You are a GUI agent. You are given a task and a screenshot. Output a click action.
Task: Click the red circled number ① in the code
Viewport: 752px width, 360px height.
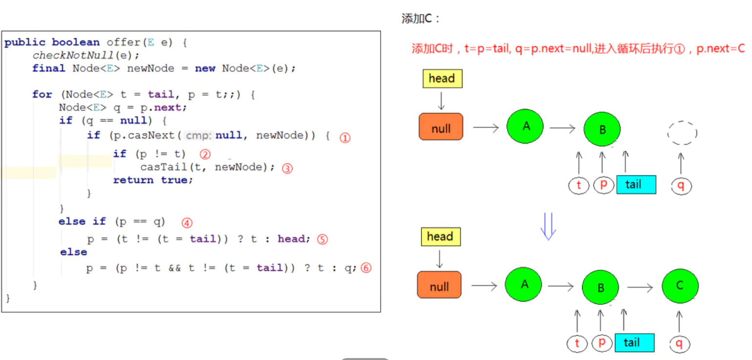click(x=345, y=138)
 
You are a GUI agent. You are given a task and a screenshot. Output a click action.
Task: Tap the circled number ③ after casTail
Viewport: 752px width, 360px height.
click(x=287, y=168)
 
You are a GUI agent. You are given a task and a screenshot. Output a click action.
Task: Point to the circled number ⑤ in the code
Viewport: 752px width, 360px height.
click(x=322, y=240)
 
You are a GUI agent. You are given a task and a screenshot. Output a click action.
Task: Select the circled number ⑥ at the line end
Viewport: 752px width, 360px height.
click(x=366, y=268)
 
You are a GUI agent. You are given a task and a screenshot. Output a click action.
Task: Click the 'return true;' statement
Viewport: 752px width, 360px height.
click(x=153, y=180)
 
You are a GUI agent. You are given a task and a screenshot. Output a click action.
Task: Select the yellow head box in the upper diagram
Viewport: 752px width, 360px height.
click(x=442, y=79)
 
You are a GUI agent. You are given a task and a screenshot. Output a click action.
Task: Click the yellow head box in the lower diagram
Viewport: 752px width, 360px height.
click(x=440, y=237)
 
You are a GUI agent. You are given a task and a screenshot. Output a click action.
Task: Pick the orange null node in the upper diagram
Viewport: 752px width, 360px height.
click(x=441, y=128)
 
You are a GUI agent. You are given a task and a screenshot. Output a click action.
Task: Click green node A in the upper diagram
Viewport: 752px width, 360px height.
click(x=526, y=126)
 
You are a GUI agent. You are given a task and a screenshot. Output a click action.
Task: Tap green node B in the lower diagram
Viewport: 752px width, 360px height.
click(x=600, y=287)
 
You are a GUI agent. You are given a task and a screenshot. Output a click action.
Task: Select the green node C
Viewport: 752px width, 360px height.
click(x=680, y=286)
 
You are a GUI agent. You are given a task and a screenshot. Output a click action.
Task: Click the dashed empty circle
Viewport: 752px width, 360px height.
click(x=682, y=132)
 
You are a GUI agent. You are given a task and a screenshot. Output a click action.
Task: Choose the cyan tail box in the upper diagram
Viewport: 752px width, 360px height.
click(x=636, y=185)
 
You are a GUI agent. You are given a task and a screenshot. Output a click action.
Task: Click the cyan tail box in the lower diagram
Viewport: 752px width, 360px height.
click(x=634, y=342)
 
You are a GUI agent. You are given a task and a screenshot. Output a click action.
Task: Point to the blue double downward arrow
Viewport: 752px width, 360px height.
click(x=549, y=226)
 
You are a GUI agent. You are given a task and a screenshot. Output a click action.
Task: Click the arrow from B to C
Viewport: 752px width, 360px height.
click(x=640, y=287)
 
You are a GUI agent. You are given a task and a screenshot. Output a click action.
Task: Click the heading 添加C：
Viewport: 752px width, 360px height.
click(x=421, y=19)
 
